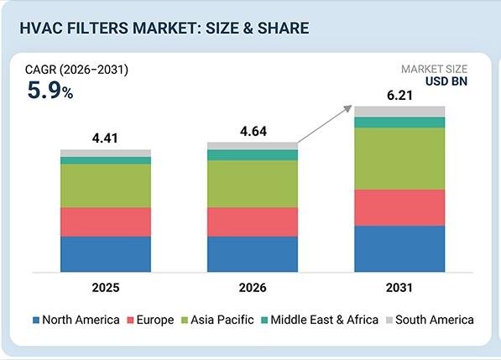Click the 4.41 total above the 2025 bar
105,138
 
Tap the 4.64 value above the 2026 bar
253,131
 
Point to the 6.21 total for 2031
399,95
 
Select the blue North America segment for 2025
106,254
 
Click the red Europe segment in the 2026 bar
253,222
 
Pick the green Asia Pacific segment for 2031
399,159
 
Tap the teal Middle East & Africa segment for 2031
399,123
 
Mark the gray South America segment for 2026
253,146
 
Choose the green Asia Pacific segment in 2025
106,186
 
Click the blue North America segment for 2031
399,249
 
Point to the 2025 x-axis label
106,288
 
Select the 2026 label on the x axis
253,288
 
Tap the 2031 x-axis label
399,288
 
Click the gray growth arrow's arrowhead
348,108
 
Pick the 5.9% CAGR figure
50,90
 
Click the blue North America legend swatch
36,320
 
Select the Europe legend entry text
155,320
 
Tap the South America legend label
435,320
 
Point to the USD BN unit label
446,81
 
